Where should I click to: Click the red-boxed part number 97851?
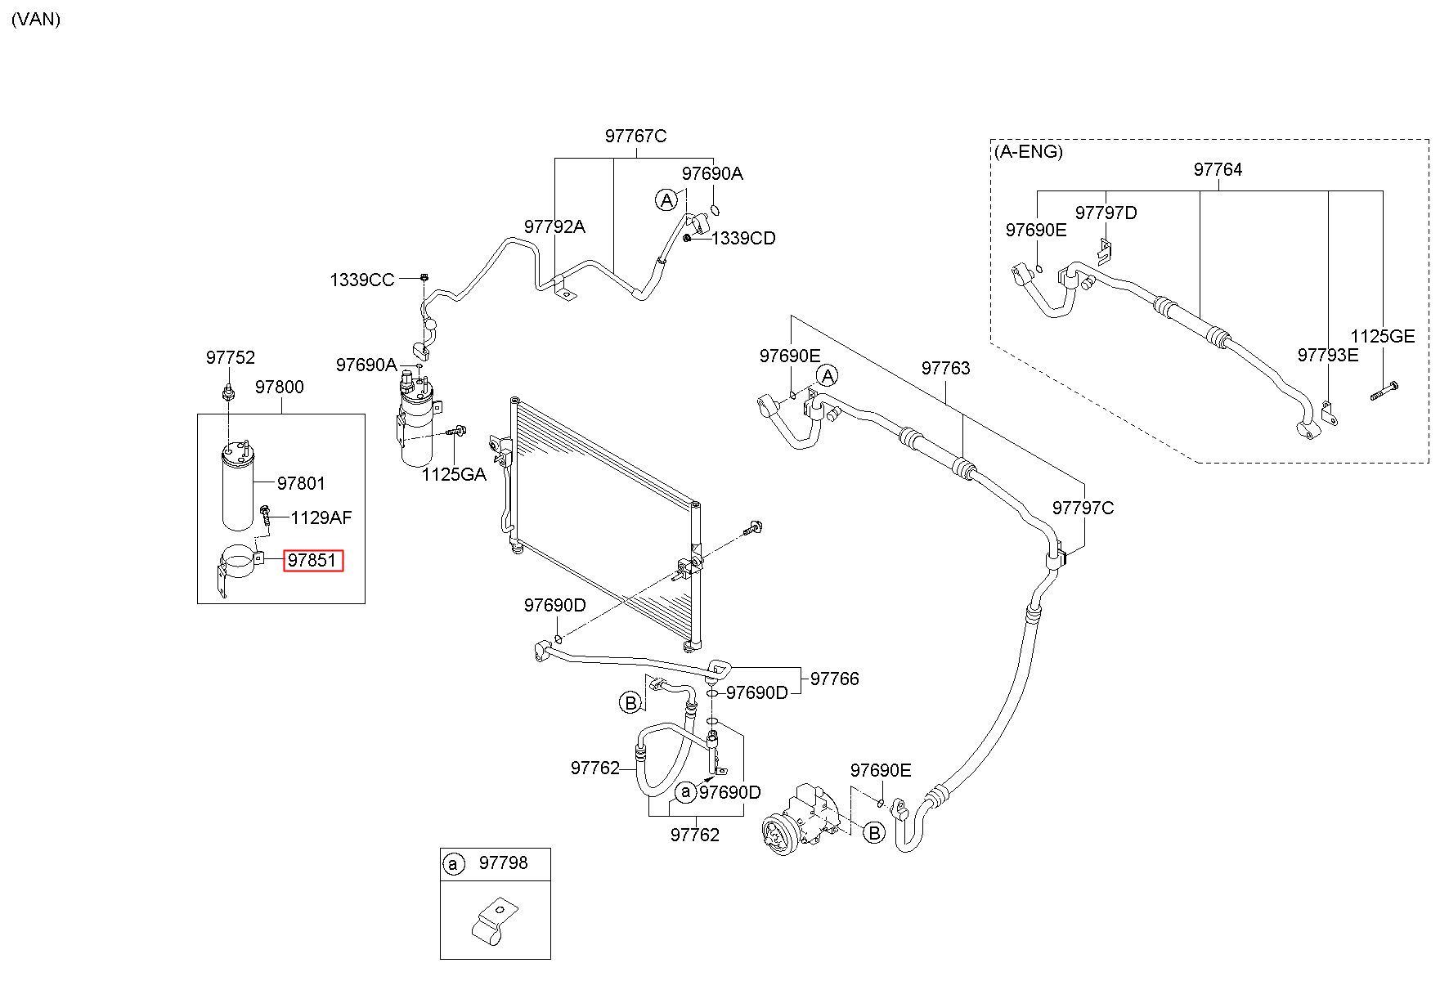313,561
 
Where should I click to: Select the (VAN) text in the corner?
36,20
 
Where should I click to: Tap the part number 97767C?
635,136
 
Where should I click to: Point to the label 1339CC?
362,280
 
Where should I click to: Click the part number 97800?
279,387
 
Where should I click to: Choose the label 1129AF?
321,517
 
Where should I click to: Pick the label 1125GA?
454,474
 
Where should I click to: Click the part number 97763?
945,368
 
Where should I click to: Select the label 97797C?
1083,508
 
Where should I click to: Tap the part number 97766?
835,679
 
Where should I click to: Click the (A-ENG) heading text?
1029,152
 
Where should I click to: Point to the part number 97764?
1218,169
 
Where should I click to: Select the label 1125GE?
1382,336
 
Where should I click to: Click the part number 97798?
503,862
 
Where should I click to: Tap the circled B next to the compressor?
874,834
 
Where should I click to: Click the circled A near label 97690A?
667,199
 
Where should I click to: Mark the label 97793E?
1328,354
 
